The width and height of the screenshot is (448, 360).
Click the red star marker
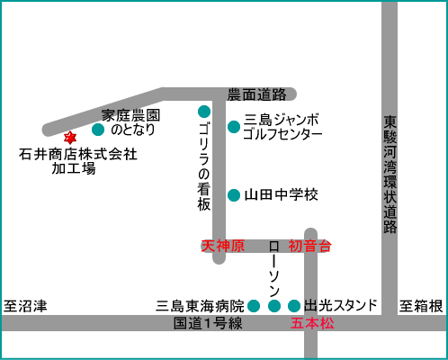(x=70, y=138)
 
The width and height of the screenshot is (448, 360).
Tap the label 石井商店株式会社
(x=78, y=154)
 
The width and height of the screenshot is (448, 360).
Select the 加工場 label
(x=74, y=168)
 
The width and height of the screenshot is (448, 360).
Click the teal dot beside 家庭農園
(x=98, y=130)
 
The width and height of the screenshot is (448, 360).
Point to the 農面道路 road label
(x=256, y=94)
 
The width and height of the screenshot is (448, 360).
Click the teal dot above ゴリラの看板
(x=204, y=112)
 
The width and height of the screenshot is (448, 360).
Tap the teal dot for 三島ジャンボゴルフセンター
(x=234, y=127)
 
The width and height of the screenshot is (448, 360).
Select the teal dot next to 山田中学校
(x=234, y=195)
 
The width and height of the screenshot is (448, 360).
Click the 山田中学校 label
(x=282, y=195)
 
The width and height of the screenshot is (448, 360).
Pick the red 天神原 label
(x=223, y=246)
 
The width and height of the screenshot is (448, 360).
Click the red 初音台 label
(x=310, y=246)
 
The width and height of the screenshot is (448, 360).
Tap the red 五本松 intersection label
(x=312, y=323)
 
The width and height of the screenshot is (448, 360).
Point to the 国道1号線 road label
(x=208, y=323)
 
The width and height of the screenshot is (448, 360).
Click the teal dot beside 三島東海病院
(x=254, y=306)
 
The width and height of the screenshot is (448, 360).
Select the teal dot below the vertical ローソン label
(x=274, y=306)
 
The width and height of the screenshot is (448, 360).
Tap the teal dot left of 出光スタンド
(x=294, y=306)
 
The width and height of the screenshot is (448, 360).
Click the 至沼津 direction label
(x=25, y=306)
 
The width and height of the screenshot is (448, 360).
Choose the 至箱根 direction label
(x=421, y=306)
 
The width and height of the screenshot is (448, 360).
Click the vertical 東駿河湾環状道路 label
(x=390, y=175)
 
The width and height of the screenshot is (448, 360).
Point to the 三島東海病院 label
(x=201, y=306)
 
